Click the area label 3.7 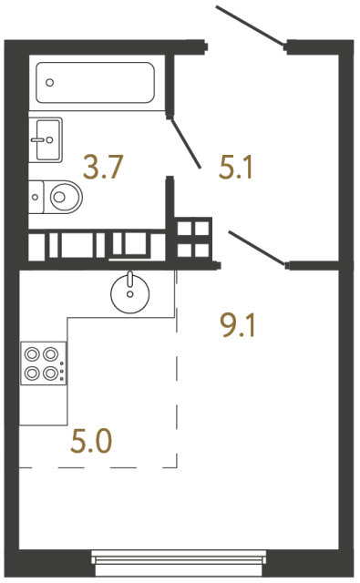[x=102, y=167]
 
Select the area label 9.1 [x=239, y=322]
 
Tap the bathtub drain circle [x=50, y=82]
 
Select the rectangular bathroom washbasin [x=45, y=139]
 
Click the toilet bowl [x=65, y=194]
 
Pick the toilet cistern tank [x=35, y=194]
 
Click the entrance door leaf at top [x=251, y=26]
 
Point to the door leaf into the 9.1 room [x=257, y=247]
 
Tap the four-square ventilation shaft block [x=194, y=237]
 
